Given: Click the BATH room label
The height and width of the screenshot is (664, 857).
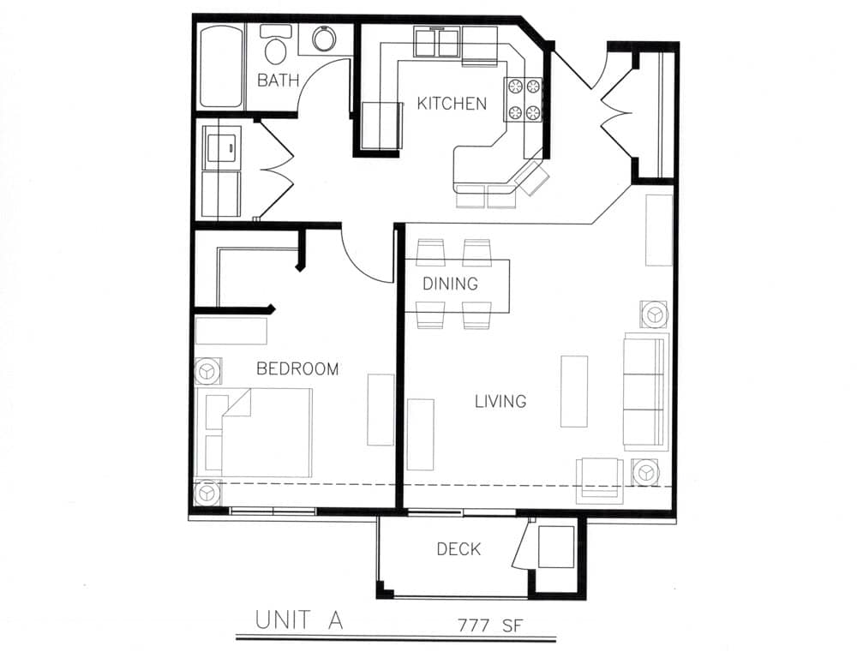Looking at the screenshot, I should (x=279, y=81).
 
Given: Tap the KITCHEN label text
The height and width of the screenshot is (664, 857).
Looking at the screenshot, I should (x=452, y=104).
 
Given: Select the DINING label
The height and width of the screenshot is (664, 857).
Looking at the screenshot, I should (x=450, y=284).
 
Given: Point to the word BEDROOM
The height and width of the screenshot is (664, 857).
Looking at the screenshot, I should (x=297, y=369).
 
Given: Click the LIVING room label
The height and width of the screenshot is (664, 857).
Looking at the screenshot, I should (x=500, y=401).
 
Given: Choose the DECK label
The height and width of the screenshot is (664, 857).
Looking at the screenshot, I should (x=458, y=549).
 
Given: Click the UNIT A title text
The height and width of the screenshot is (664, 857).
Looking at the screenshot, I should (x=299, y=621).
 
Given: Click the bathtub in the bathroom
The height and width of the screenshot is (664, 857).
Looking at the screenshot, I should (x=221, y=66).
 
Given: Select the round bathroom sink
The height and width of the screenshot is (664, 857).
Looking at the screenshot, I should (x=324, y=39).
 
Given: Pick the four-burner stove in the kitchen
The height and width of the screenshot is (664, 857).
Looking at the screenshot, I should (x=524, y=99).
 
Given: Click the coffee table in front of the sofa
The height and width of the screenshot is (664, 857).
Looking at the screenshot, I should (x=574, y=391).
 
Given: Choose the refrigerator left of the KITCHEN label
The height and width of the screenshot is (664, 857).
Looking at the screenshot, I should (x=380, y=125).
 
